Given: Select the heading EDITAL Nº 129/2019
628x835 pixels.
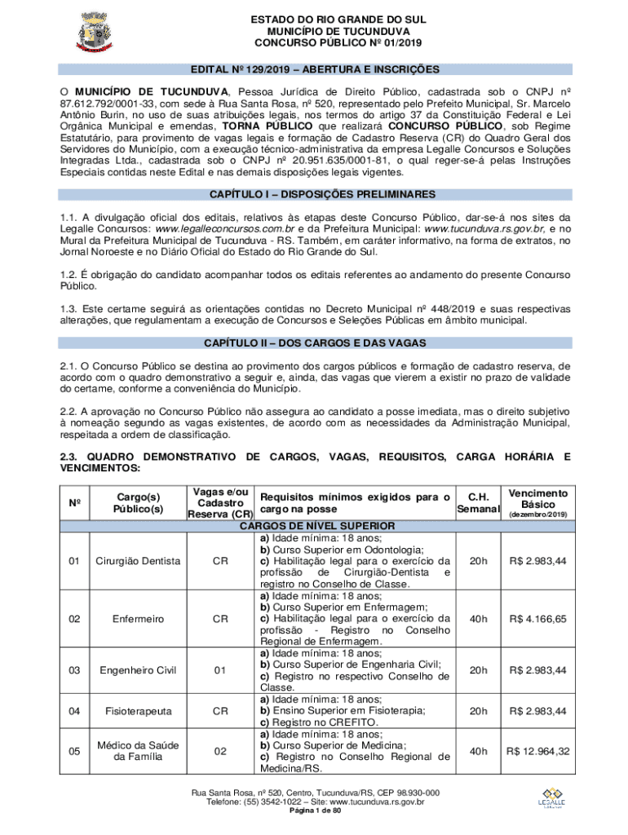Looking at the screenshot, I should click(314, 69).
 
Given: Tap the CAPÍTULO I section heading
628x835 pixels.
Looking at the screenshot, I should click(314, 195).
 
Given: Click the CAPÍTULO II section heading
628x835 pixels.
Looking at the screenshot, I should click(314, 342).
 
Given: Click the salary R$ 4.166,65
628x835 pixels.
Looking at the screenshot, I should click(537, 619).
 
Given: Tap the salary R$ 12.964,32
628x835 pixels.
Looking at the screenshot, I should click(537, 751).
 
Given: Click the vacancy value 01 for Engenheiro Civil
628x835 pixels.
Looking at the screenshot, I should click(219, 670).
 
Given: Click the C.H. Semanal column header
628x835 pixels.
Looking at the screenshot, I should click(477, 502).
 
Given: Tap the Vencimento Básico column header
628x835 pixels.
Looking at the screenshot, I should click(537, 503).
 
